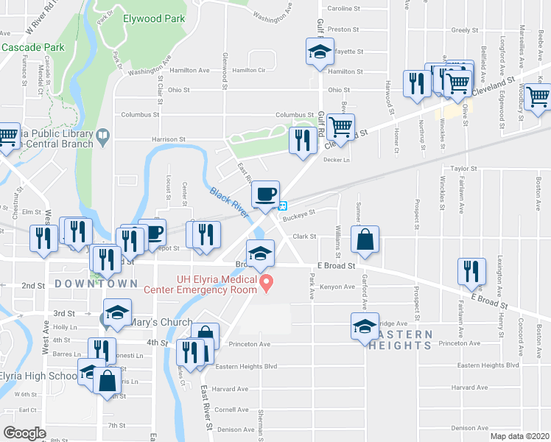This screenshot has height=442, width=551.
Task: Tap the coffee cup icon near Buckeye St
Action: [265, 194]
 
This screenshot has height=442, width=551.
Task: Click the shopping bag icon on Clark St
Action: [365, 239]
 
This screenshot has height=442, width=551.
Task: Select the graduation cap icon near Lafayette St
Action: [320, 52]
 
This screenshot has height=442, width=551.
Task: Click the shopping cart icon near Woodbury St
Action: [539, 96]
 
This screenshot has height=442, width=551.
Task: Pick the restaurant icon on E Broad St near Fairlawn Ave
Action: [471, 272]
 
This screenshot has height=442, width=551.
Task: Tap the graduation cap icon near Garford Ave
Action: [364, 326]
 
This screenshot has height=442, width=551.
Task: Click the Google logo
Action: [24, 432]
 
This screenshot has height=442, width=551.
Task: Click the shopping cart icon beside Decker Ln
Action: [341, 127]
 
